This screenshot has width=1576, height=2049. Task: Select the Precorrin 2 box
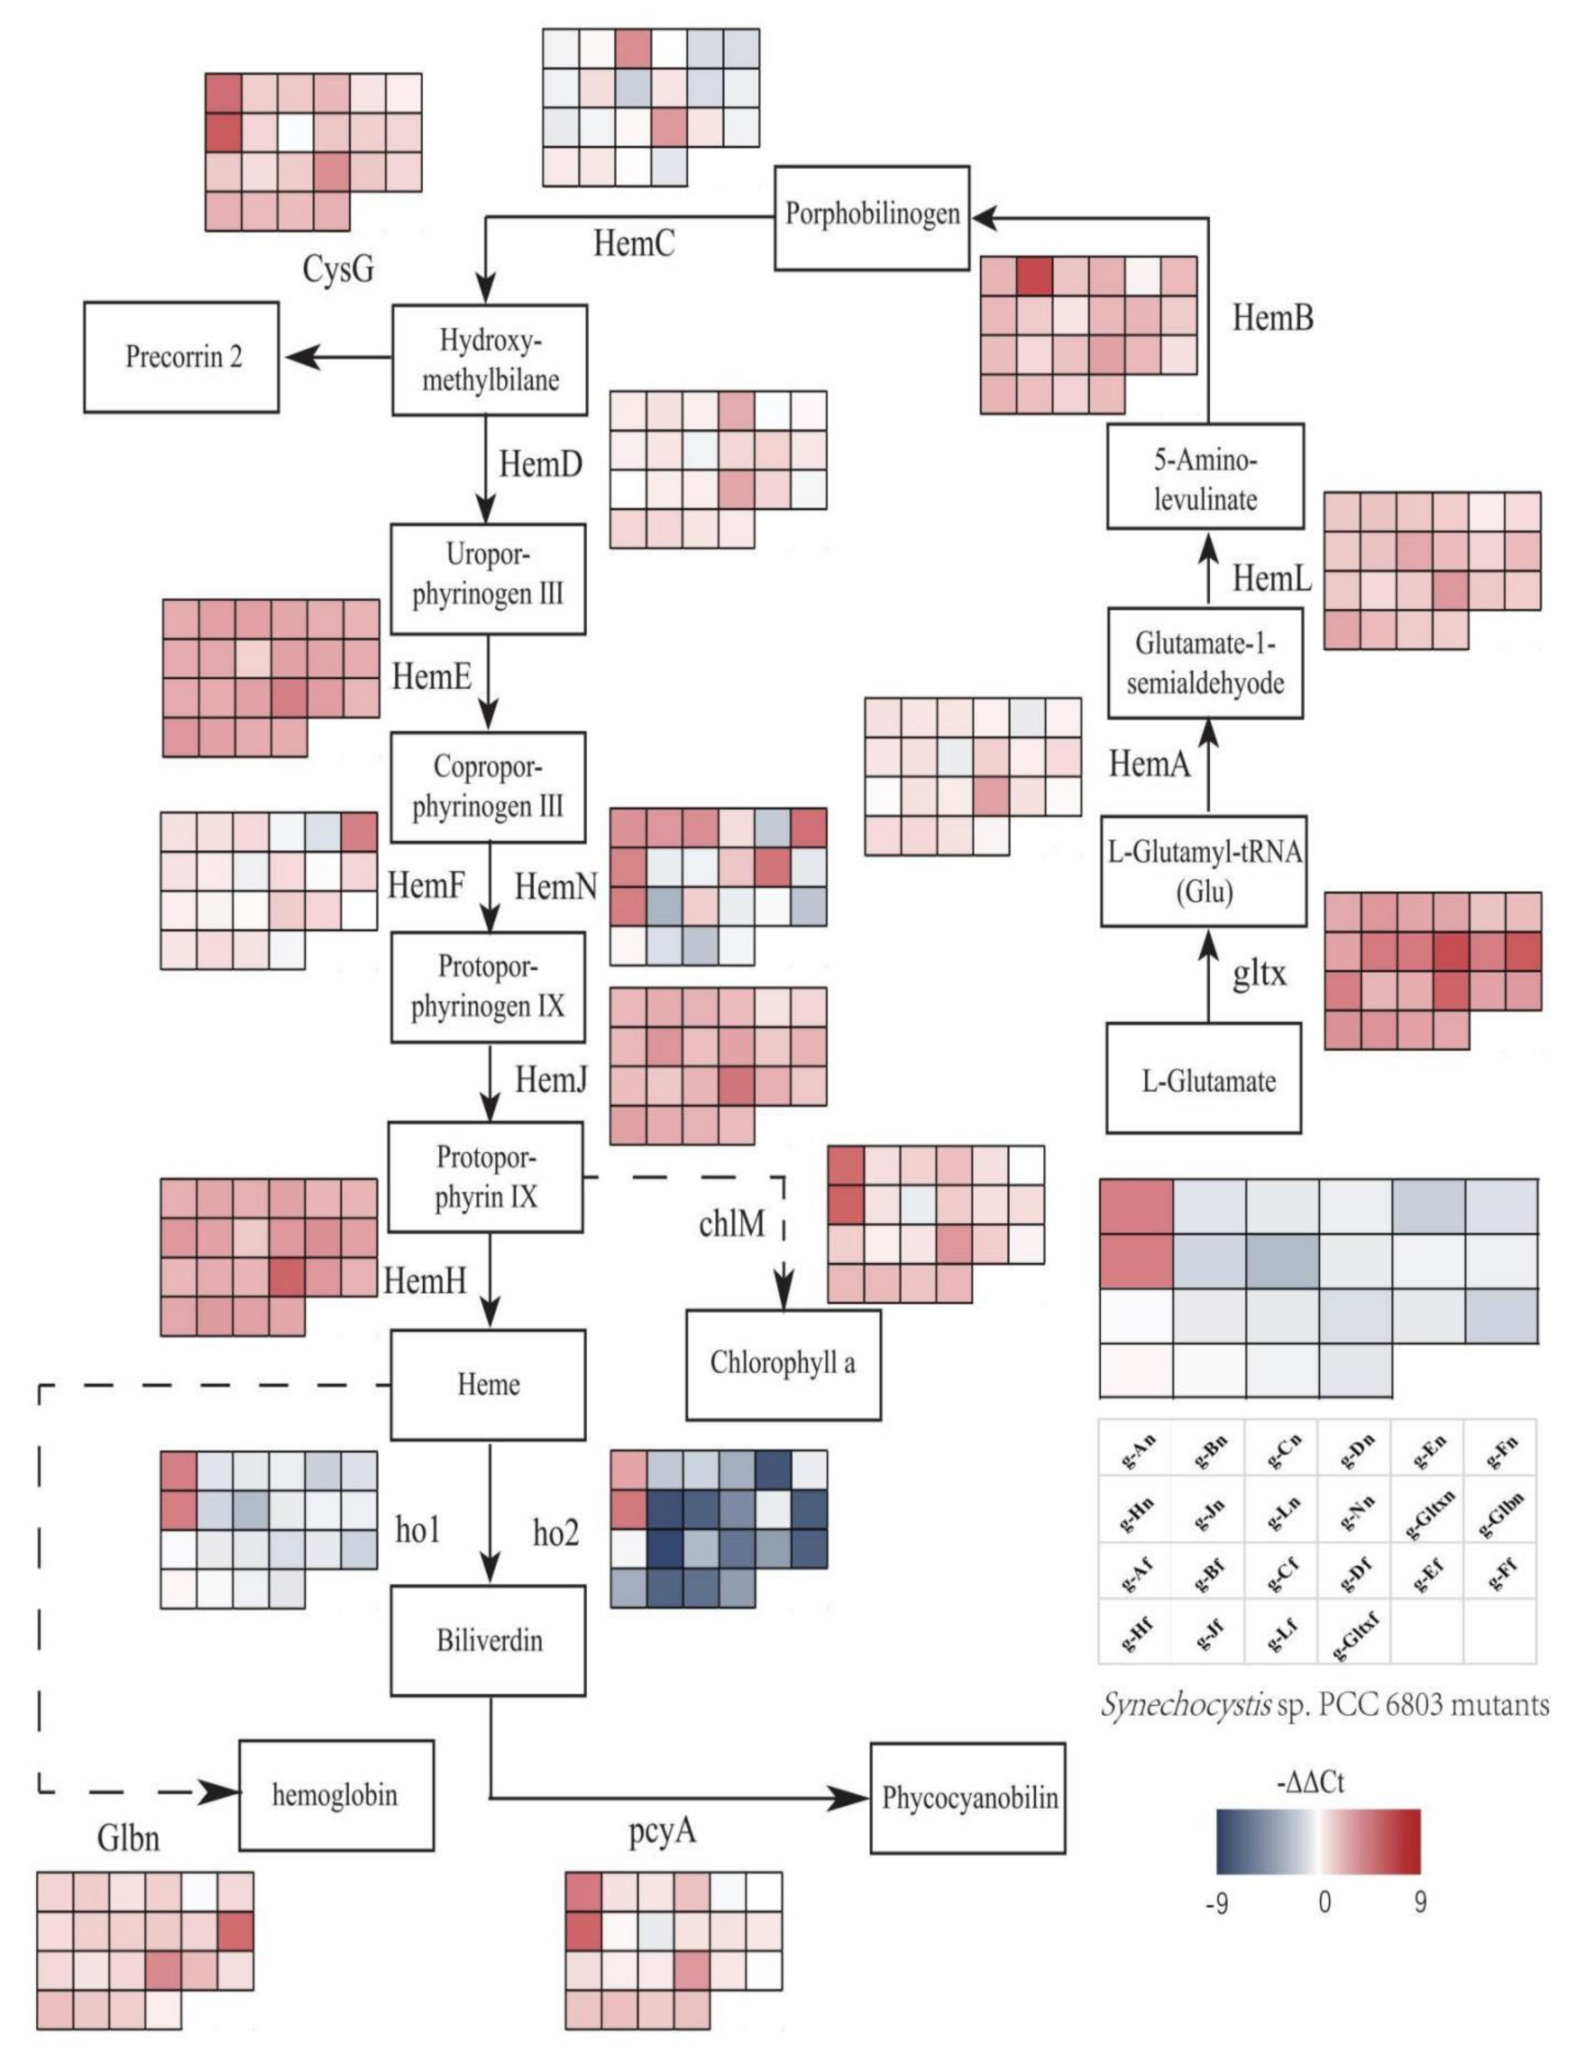tap(182, 357)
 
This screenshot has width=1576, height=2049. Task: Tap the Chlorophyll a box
tap(783, 1363)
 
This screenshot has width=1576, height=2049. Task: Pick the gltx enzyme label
tap(1259, 974)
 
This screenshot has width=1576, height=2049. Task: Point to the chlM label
tap(731, 1222)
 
